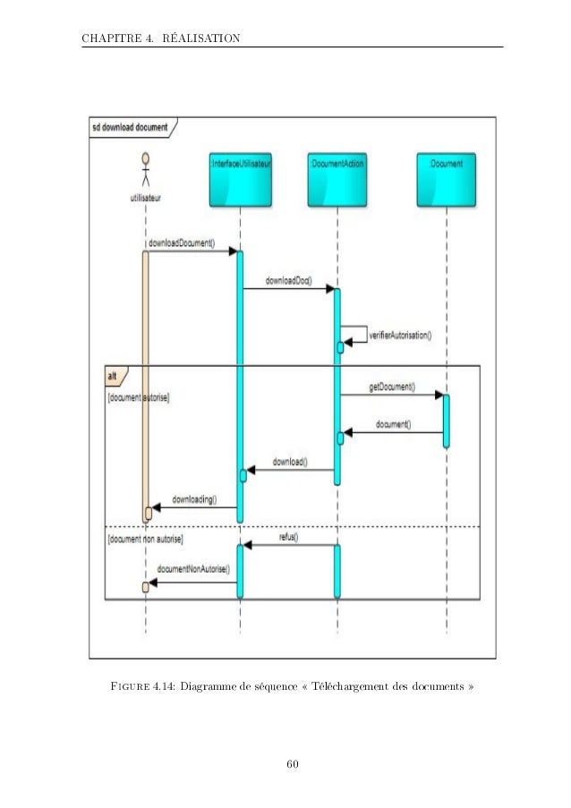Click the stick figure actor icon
click(145, 167)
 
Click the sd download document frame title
click(130, 127)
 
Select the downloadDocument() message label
click(181, 242)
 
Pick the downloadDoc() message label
click(288, 280)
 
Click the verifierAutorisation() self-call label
click(400, 336)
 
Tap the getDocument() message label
click(392, 387)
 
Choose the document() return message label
click(394, 424)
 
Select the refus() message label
click(288, 538)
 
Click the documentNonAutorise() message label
click(193, 568)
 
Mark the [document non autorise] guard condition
click(145, 540)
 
